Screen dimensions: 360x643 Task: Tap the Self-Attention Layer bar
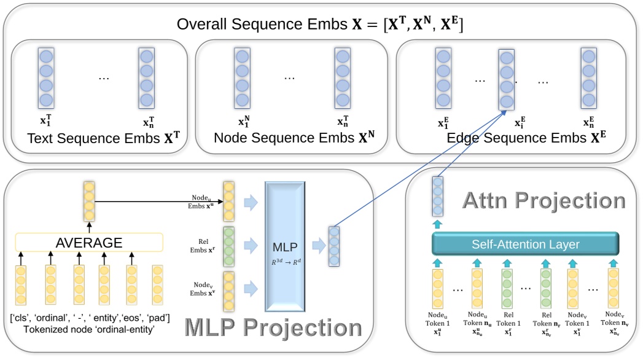click(x=525, y=245)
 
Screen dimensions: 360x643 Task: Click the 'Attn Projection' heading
click(x=544, y=200)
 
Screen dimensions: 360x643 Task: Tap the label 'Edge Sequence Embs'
click(x=519, y=138)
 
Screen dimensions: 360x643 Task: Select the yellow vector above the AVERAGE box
click(x=89, y=201)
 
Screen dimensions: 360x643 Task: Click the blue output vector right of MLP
click(x=333, y=246)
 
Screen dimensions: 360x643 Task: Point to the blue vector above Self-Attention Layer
click(x=437, y=195)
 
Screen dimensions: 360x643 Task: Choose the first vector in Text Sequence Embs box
click(x=46, y=78)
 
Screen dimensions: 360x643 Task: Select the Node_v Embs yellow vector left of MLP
click(x=228, y=289)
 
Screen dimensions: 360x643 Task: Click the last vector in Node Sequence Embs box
click(x=342, y=78)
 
